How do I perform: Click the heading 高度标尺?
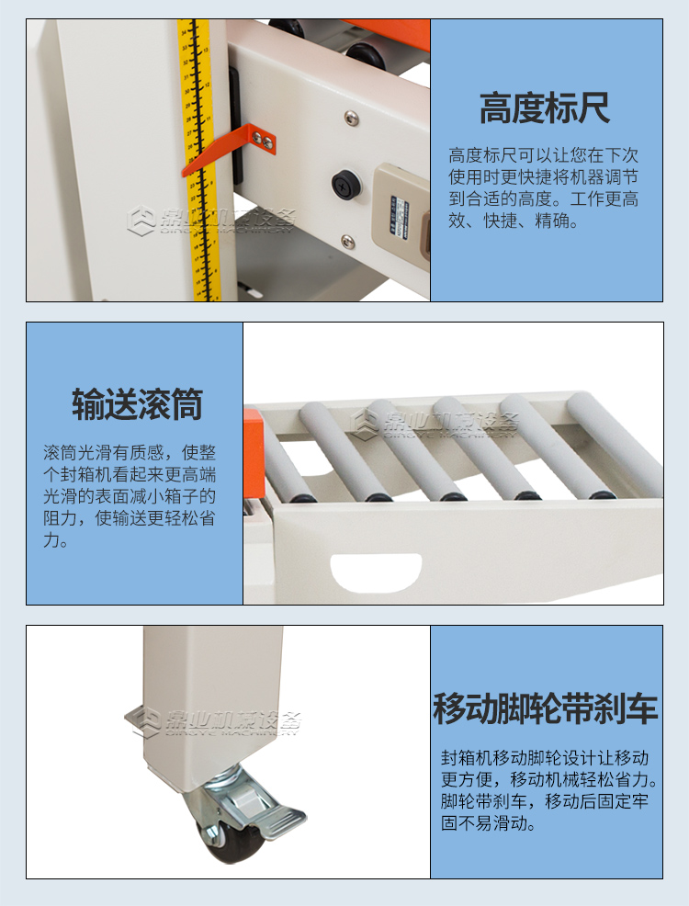pos(545,108)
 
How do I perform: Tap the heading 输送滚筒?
pos(137,404)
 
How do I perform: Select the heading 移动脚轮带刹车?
pos(546,709)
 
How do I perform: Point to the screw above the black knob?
pos(350,118)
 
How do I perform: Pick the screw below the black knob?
pos(347,241)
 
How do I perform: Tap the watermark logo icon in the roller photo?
pos(366,422)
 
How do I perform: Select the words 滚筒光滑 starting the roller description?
pos(75,453)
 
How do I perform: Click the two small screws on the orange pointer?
pos(267,138)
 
